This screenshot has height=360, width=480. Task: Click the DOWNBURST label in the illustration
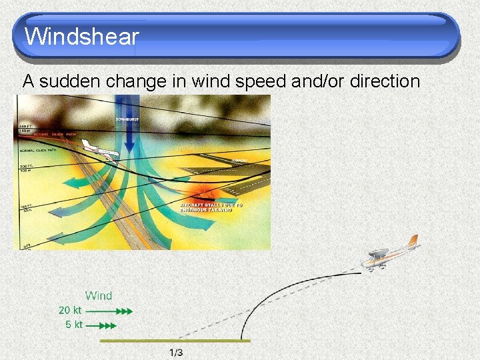pos(131,119)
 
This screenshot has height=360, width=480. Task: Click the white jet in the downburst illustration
pos(103,153)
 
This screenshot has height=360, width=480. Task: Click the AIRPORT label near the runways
pos(239,161)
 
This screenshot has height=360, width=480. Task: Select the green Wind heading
pos(99,295)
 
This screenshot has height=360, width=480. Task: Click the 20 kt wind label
pos(70,311)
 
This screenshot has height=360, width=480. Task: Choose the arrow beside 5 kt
pos(101,326)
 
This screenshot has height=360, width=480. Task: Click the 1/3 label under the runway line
pos(176,352)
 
